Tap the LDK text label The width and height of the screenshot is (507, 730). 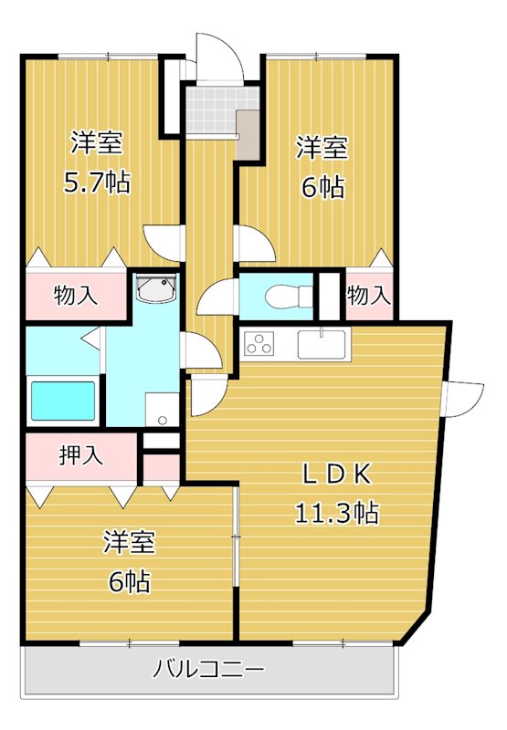(x=336, y=474)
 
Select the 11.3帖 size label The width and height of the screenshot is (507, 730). (x=336, y=512)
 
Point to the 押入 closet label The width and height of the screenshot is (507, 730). (x=81, y=455)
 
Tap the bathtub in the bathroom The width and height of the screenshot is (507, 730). (x=63, y=400)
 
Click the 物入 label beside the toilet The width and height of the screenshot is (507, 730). (x=369, y=296)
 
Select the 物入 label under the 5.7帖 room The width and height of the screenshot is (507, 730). (x=75, y=296)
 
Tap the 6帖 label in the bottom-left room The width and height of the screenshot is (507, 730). (x=127, y=579)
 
